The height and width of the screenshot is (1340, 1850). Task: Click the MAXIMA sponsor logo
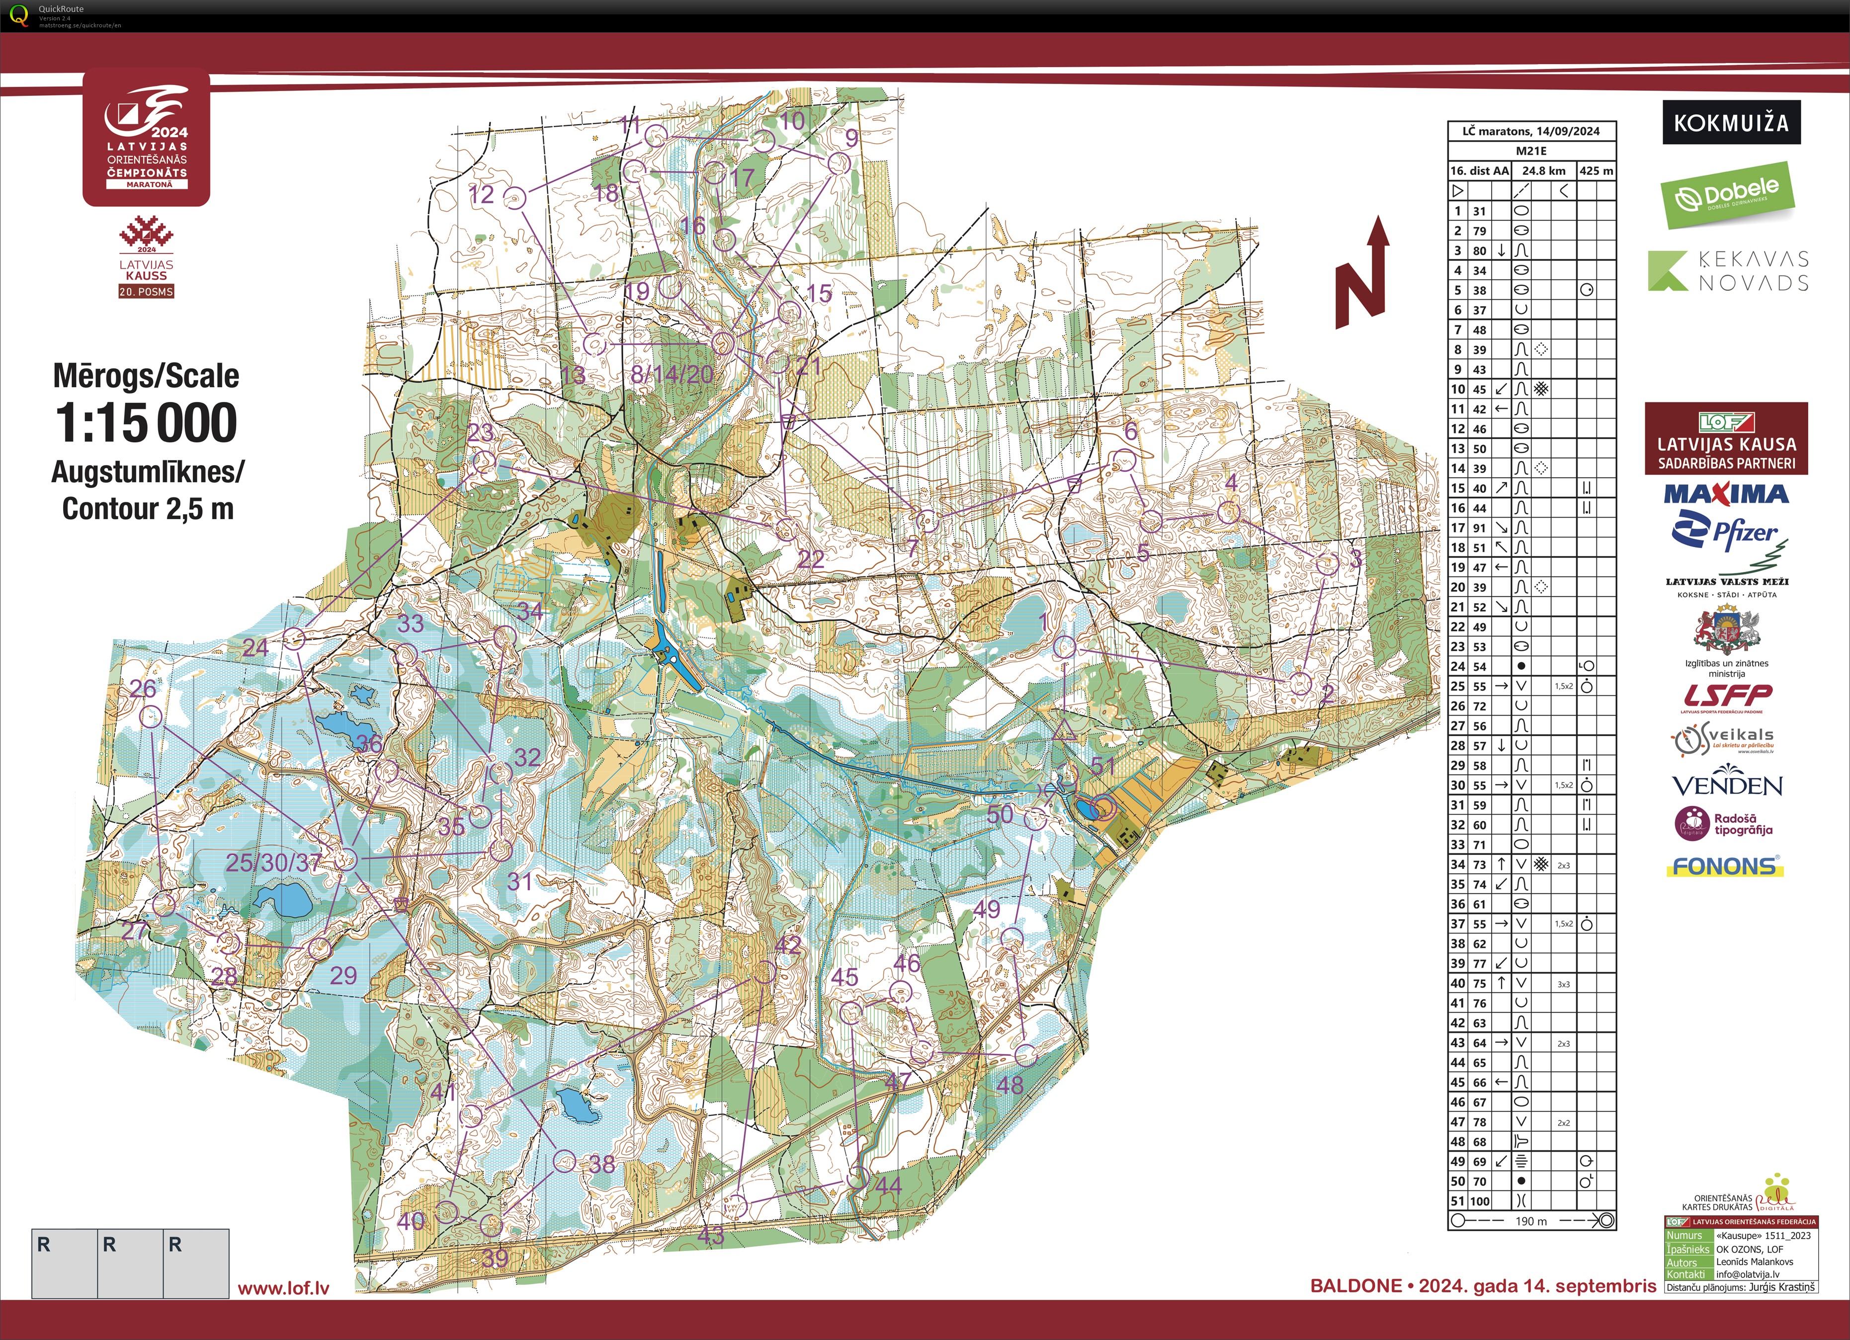coord(1726,494)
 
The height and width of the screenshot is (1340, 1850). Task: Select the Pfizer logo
coord(1727,532)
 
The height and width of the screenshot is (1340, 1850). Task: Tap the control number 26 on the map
coord(143,688)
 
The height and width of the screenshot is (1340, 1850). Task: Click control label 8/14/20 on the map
coord(672,374)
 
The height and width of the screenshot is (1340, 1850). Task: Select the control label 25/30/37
coord(273,862)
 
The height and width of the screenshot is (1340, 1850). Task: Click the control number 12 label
coord(481,194)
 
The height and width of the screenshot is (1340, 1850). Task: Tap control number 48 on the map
coord(1010,1085)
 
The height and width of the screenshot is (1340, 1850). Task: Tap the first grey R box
coord(65,1262)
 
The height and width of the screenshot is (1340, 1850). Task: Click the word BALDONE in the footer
coord(1355,1285)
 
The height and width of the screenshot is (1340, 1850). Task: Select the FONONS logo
coord(1724,866)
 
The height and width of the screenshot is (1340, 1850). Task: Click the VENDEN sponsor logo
coord(1727,785)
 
